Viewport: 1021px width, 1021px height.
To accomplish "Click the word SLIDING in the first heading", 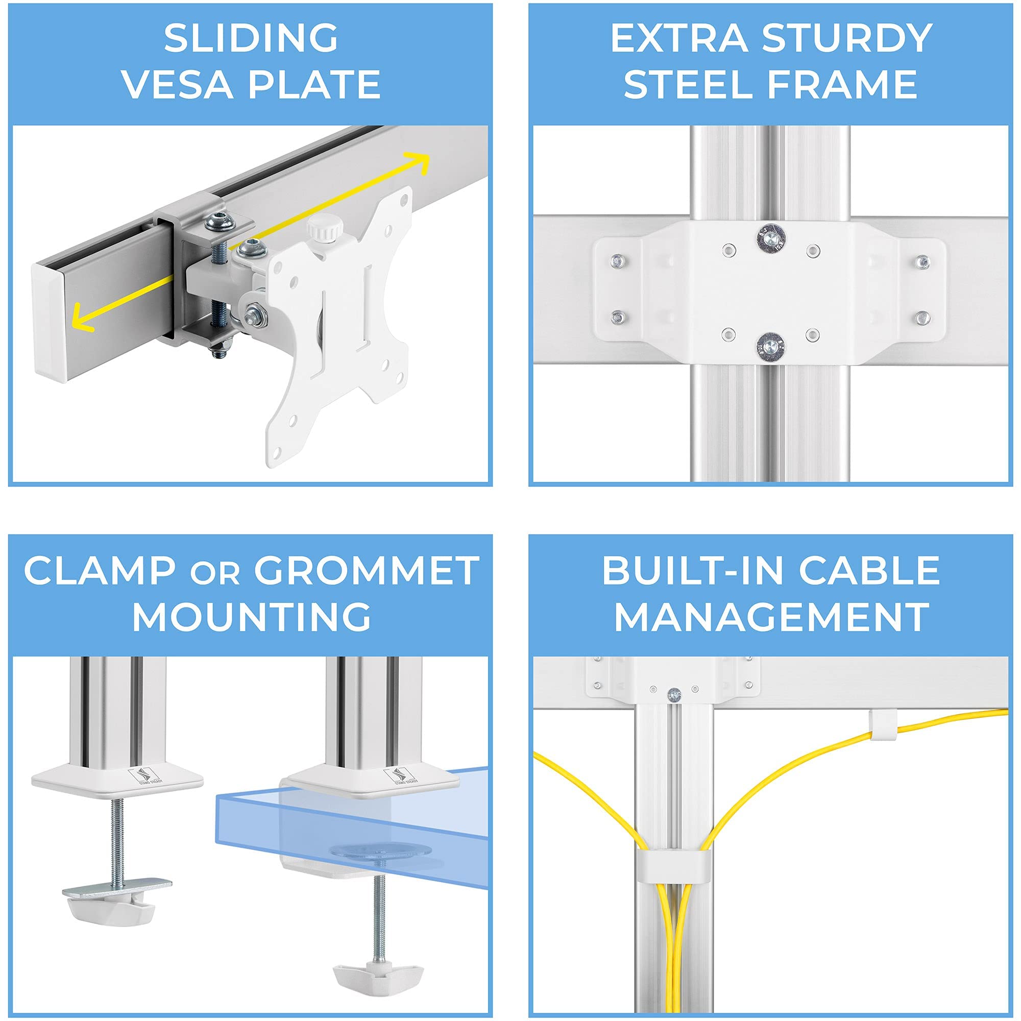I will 251,38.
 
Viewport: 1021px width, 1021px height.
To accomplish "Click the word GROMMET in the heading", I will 366,571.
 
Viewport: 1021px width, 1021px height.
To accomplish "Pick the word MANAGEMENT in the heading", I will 771,617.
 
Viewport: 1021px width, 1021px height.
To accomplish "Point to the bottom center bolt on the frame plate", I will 771,347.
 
